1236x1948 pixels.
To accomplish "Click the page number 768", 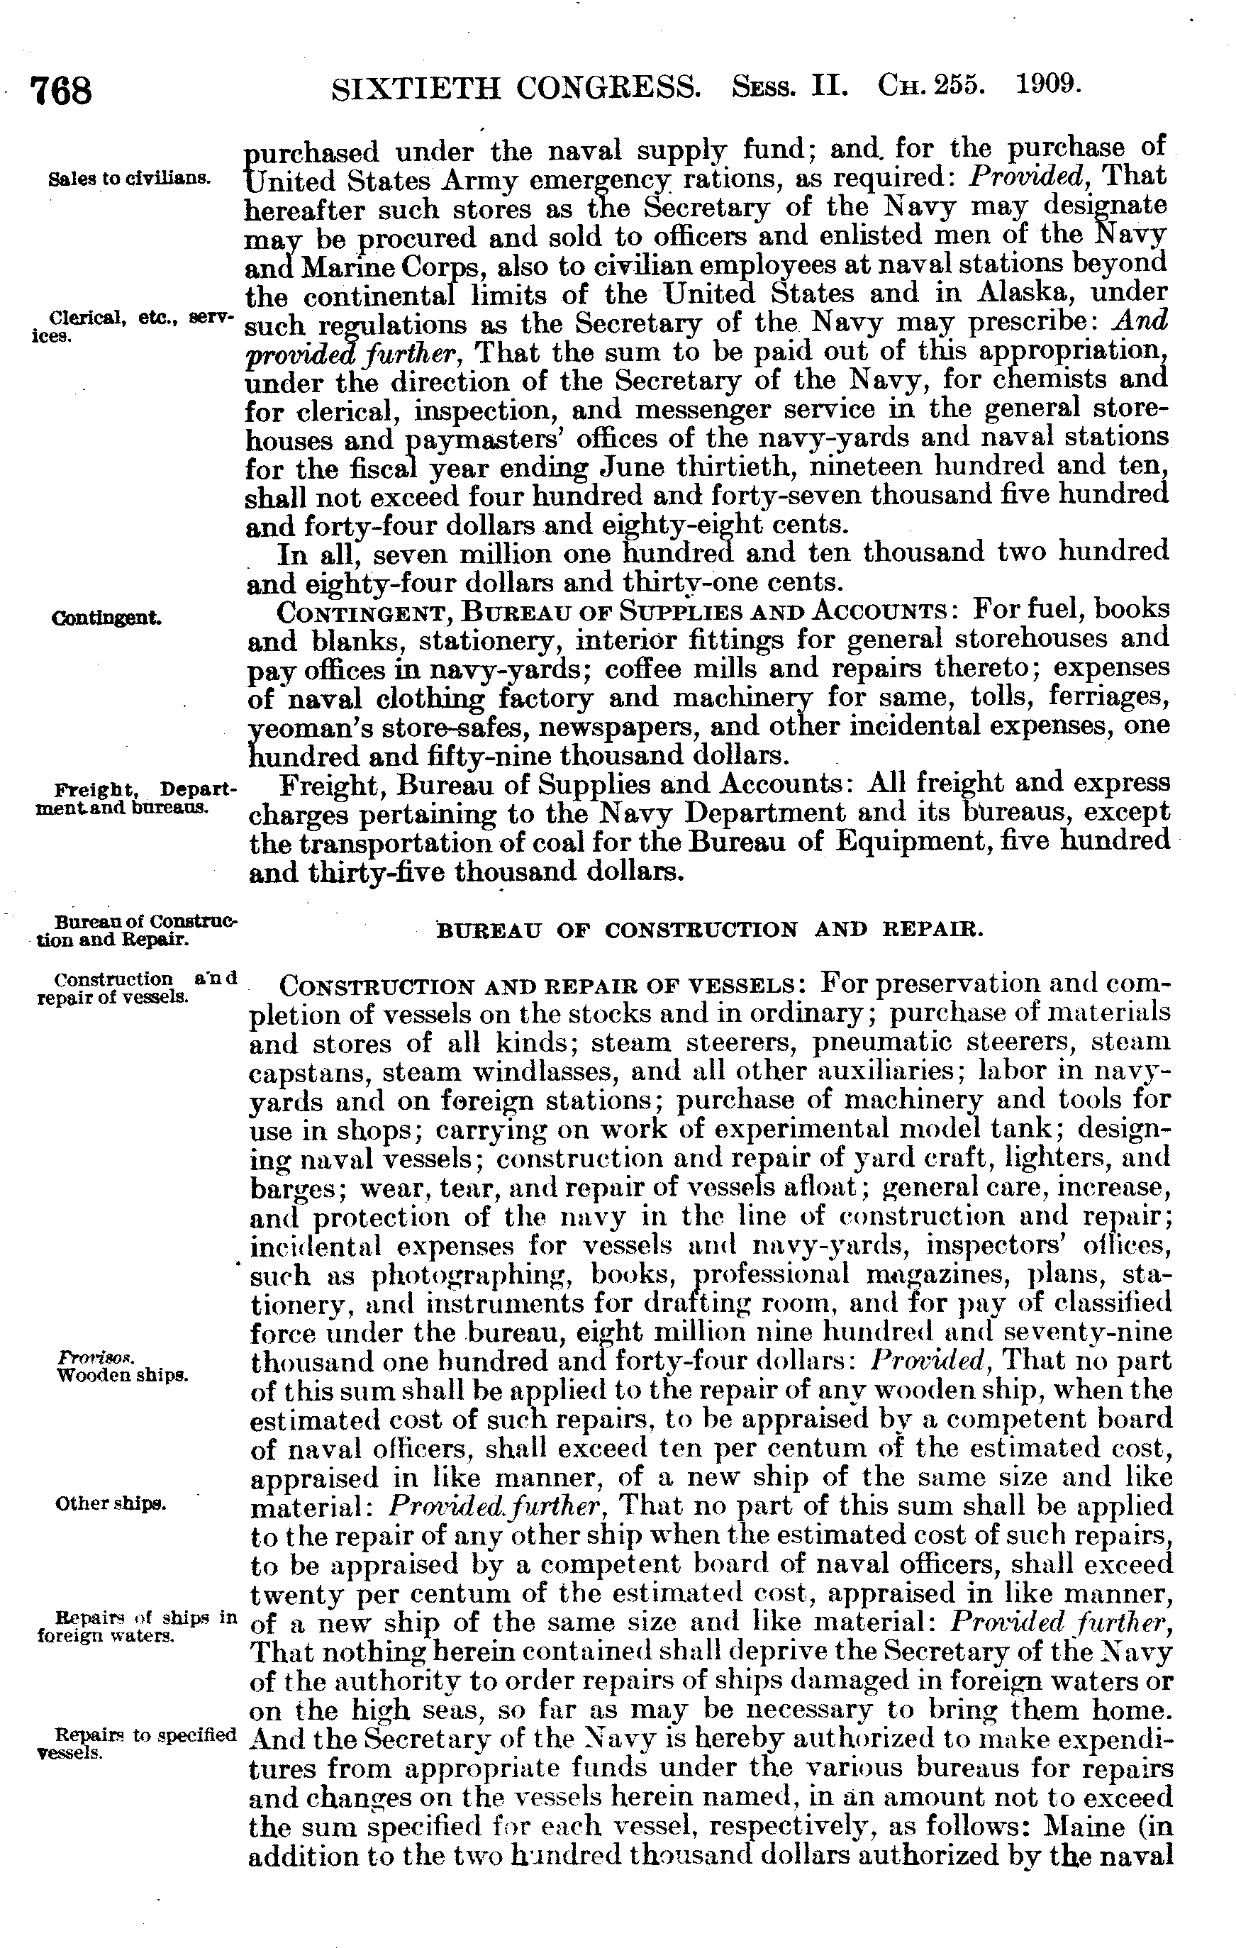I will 61,91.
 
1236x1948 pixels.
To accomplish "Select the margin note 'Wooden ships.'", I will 122,1374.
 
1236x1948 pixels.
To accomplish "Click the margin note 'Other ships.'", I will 111,1504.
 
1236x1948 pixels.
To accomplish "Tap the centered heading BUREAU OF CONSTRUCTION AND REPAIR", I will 709,930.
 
